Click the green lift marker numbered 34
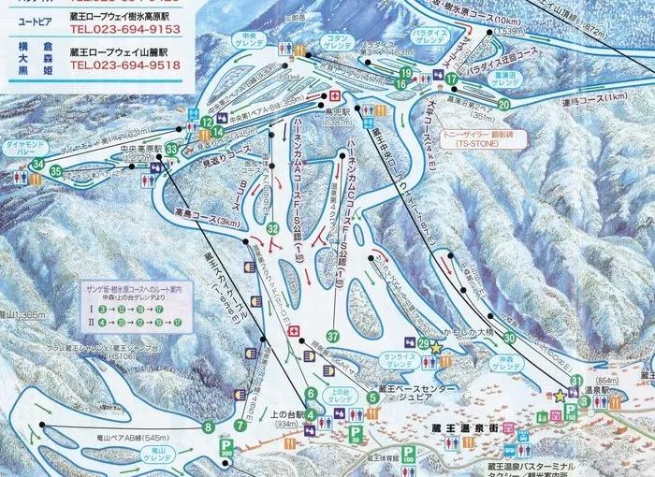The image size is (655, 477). [37, 165]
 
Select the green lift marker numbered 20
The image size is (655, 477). [504, 104]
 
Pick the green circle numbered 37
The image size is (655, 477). [332, 336]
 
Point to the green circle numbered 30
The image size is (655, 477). [509, 338]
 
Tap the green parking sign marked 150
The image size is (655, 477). [571, 412]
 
